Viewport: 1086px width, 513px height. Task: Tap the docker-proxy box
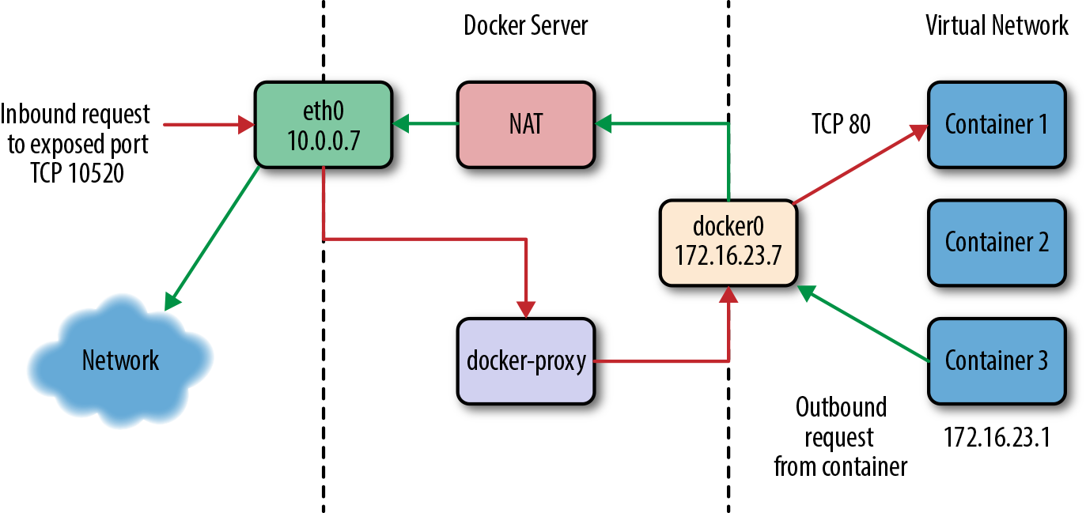pos(526,360)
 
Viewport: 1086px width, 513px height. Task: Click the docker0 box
pos(728,242)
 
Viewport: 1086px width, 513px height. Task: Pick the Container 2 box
pos(996,242)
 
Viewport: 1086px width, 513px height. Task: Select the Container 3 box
pos(996,360)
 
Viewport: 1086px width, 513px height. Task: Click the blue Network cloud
pos(120,360)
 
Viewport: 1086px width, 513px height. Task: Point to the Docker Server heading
pos(526,25)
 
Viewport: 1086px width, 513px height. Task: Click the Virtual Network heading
pos(997,25)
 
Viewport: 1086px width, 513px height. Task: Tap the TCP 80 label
pos(841,124)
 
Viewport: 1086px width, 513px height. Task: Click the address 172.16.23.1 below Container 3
pos(997,437)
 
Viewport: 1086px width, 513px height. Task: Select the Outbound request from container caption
pos(840,437)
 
